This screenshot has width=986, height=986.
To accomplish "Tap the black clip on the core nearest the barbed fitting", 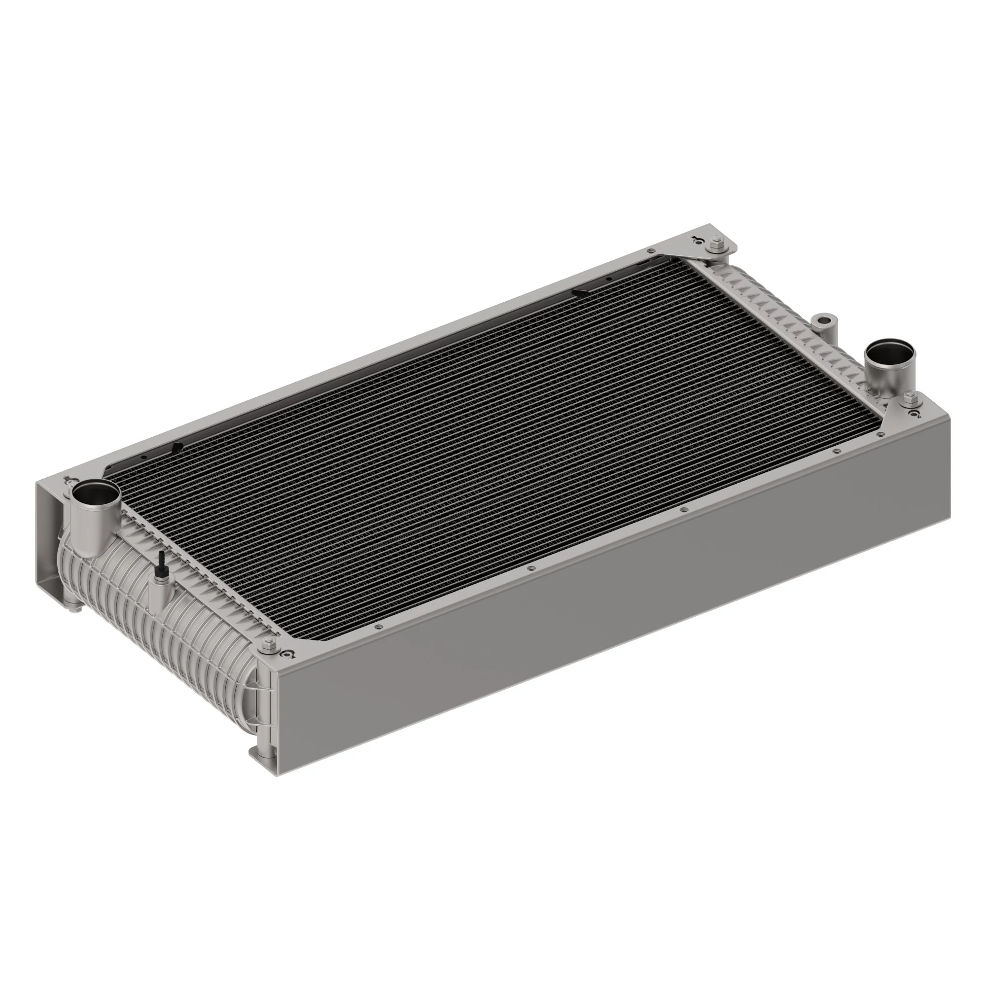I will pos(177,449).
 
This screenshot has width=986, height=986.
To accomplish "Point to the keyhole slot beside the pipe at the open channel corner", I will pos(67,480).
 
